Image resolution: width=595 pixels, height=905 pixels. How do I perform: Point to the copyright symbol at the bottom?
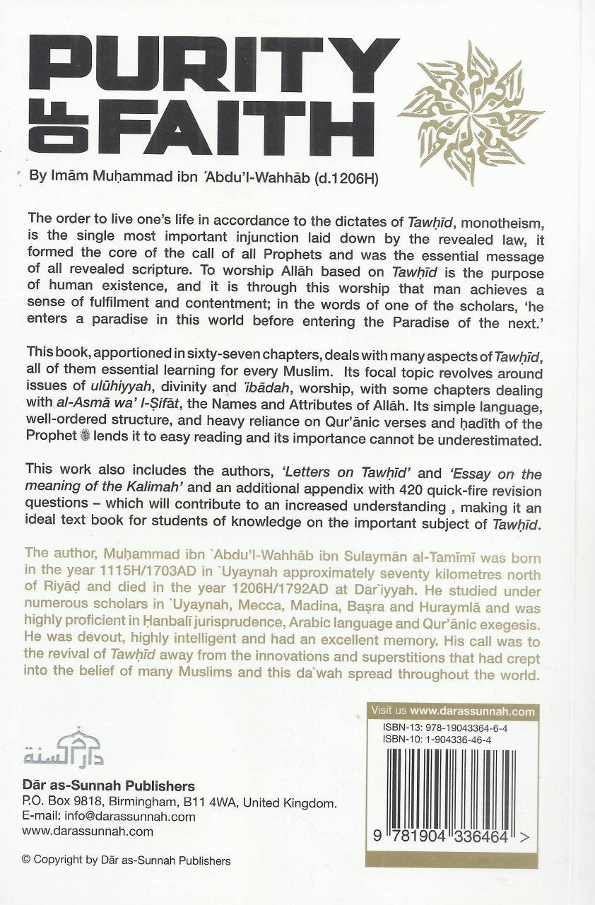pos(27,860)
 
